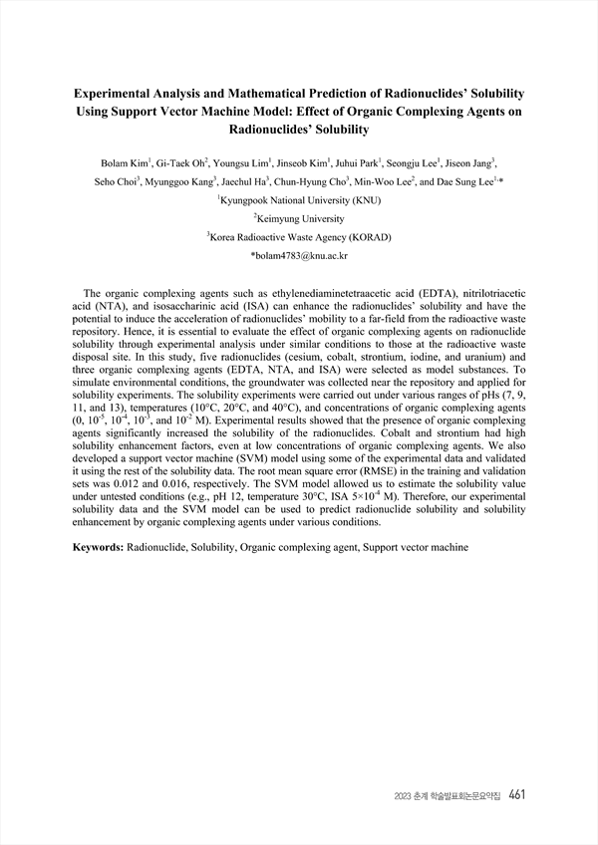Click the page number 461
point(516,794)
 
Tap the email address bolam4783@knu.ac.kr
point(299,256)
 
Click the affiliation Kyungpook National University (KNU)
point(299,199)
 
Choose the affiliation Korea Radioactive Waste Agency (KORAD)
point(299,237)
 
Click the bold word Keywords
point(97,548)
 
